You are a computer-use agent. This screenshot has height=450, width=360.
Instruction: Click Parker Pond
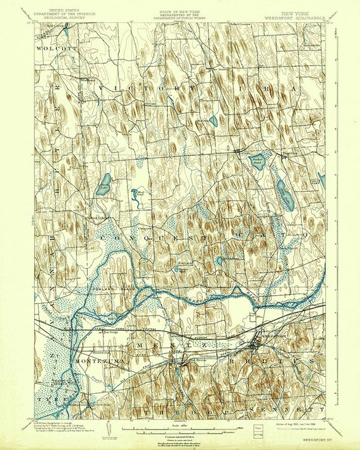[x=258, y=162]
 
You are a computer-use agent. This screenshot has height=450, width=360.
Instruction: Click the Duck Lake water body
[x=104, y=184]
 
